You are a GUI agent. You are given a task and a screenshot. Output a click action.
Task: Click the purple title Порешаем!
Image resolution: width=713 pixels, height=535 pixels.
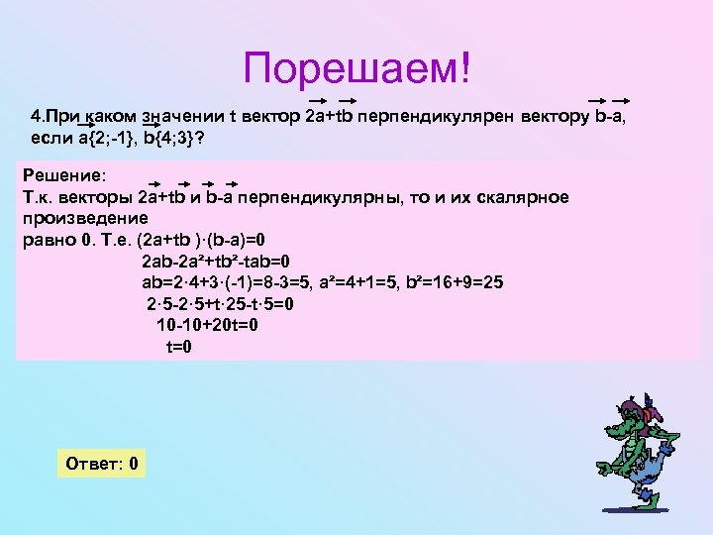(359, 68)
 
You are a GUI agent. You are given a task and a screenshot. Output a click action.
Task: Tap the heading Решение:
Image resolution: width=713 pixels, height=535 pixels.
(62, 174)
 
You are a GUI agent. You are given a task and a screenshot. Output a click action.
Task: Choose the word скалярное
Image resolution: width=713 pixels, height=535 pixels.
(528, 196)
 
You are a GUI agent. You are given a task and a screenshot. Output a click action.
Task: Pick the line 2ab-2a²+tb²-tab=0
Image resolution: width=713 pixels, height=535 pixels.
(214, 263)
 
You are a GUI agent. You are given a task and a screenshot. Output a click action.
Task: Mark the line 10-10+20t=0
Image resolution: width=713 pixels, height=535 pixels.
(208, 326)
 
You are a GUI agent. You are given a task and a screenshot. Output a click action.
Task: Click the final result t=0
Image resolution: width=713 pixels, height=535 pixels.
(178, 347)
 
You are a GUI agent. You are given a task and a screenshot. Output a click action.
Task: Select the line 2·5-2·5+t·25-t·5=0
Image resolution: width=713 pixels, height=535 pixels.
(219, 305)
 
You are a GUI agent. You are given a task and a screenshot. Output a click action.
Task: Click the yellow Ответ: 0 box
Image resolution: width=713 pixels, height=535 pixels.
(101, 464)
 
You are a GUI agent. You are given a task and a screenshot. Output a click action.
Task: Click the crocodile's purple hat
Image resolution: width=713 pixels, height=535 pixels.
(635, 407)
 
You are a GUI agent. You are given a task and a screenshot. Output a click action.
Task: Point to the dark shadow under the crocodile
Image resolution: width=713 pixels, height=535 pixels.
(634, 516)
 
